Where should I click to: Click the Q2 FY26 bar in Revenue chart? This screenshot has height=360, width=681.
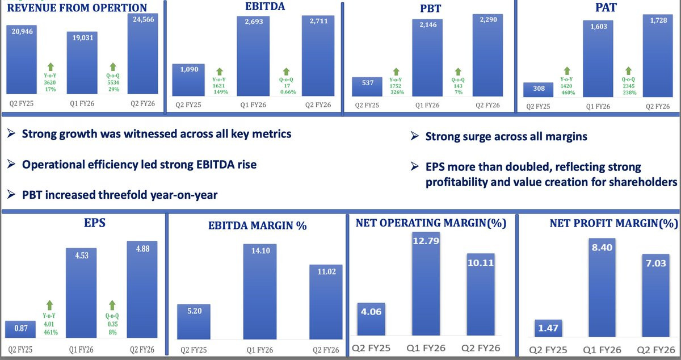click(142, 53)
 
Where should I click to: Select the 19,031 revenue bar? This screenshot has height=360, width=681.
click(82, 62)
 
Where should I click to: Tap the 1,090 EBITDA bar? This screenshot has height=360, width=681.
click(188, 80)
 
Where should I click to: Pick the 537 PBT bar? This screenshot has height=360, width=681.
click(367, 87)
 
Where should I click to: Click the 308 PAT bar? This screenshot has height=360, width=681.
click(538, 90)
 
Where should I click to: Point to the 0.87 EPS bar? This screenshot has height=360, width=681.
click(20, 329)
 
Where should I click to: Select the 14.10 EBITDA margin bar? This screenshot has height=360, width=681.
click(260, 291)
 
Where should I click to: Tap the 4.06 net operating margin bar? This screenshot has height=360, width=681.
click(371, 319)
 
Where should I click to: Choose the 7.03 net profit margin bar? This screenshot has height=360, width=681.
click(656, 295)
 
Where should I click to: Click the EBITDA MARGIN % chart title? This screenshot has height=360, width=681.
click(258, 225)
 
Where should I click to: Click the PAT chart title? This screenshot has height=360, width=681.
click(606, 7)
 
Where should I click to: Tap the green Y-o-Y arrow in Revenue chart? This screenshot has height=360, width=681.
click(51, 67)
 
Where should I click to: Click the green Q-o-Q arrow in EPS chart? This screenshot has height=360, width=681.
click(112, 305)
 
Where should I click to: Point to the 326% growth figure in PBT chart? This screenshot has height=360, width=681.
click(397, 92)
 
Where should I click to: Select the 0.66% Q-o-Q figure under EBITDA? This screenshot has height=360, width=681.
click(288, 92)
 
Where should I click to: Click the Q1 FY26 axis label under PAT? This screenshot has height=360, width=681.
click(598, 107)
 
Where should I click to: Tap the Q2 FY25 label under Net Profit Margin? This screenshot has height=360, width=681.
click(548, 350)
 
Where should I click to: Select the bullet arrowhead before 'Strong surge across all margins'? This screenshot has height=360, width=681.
click(415, 136)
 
